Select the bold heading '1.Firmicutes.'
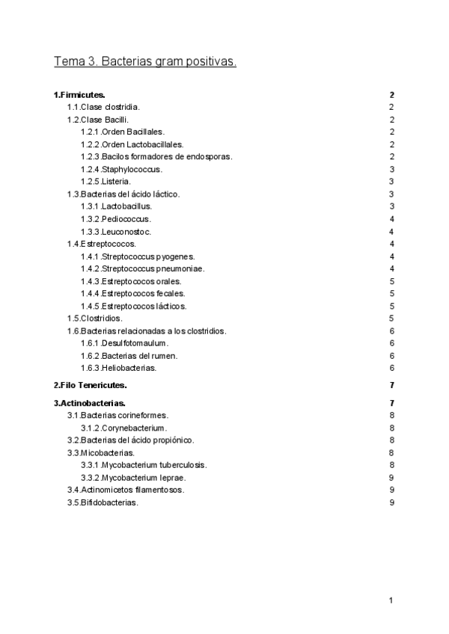[79, 95]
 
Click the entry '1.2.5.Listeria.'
[106, 181]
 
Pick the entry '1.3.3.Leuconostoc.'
[117, 231]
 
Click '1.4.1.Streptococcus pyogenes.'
[138, 256]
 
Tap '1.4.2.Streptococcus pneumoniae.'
[142, 268]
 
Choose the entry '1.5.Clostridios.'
[96, 318]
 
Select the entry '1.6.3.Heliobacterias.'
[118, 368]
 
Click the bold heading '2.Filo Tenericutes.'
[90, 385]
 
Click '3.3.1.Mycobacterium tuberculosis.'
[144, 464]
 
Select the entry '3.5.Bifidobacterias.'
[103, 502]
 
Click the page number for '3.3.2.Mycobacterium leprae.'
[391, 477]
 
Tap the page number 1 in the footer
[391, 600]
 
